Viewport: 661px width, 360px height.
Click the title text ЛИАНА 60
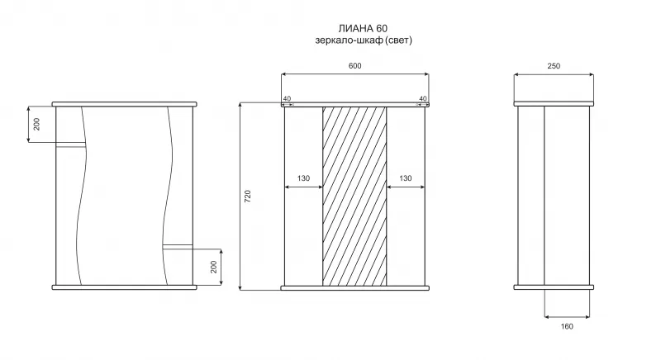click(363, 28)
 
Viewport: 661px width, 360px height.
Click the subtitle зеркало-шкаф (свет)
click(364, 40)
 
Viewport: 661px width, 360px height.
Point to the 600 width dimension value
click(355, 66)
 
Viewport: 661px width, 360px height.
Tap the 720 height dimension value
click(247, 197)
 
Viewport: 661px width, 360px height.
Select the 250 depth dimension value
click(554, 66)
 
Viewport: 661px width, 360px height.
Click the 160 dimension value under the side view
click(567, 326)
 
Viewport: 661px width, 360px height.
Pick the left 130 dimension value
click(303, 178)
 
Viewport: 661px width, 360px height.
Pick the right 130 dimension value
click(405, 178)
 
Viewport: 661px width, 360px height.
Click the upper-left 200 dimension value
click(36, 124)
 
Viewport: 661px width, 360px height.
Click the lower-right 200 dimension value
click(213, 267)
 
